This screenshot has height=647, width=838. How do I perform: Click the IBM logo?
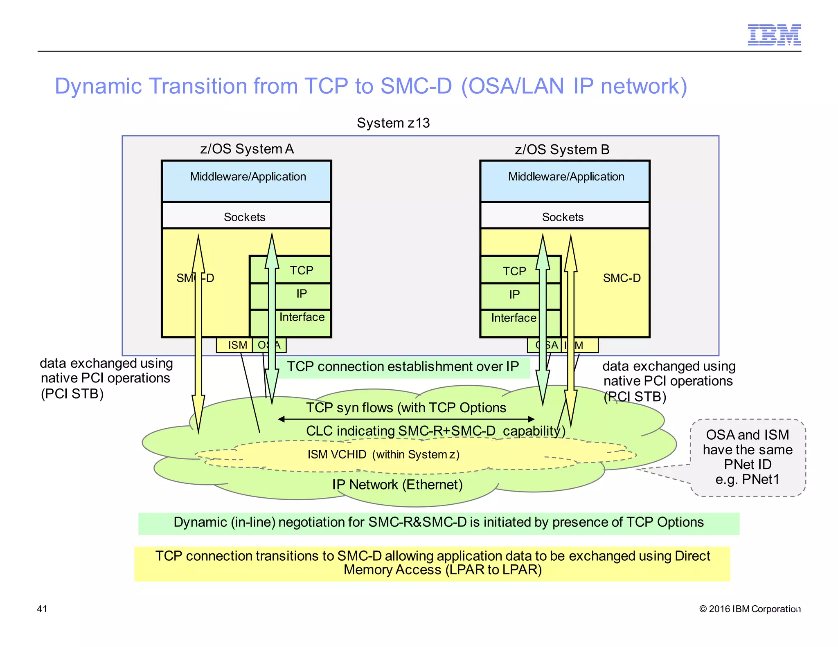point(774,35)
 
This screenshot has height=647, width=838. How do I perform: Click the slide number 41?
point(42,609)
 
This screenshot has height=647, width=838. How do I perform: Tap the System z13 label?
point(393,123)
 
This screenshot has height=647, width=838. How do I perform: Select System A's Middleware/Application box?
point(247,181)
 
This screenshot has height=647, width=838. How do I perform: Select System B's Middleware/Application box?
point(565,181)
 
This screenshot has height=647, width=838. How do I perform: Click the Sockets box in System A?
point(245,216)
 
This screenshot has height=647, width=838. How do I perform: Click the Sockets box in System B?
point(563,216)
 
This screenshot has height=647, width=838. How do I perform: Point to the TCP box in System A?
point(302,270)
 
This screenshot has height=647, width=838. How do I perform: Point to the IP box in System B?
point(514,294)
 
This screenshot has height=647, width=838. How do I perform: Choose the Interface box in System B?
point(514,318)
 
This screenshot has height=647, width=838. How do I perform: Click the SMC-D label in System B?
point(622,278)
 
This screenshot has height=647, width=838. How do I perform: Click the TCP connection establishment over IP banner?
point(403,367)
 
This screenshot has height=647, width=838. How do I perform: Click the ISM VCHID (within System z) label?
point(383,454)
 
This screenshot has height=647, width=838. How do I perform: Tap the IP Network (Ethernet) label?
point(397,485)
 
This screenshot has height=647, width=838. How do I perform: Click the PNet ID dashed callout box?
point(747,457)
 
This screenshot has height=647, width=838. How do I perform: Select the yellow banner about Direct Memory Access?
point(432,563)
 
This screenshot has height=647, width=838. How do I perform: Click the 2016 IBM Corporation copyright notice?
point(750,609)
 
